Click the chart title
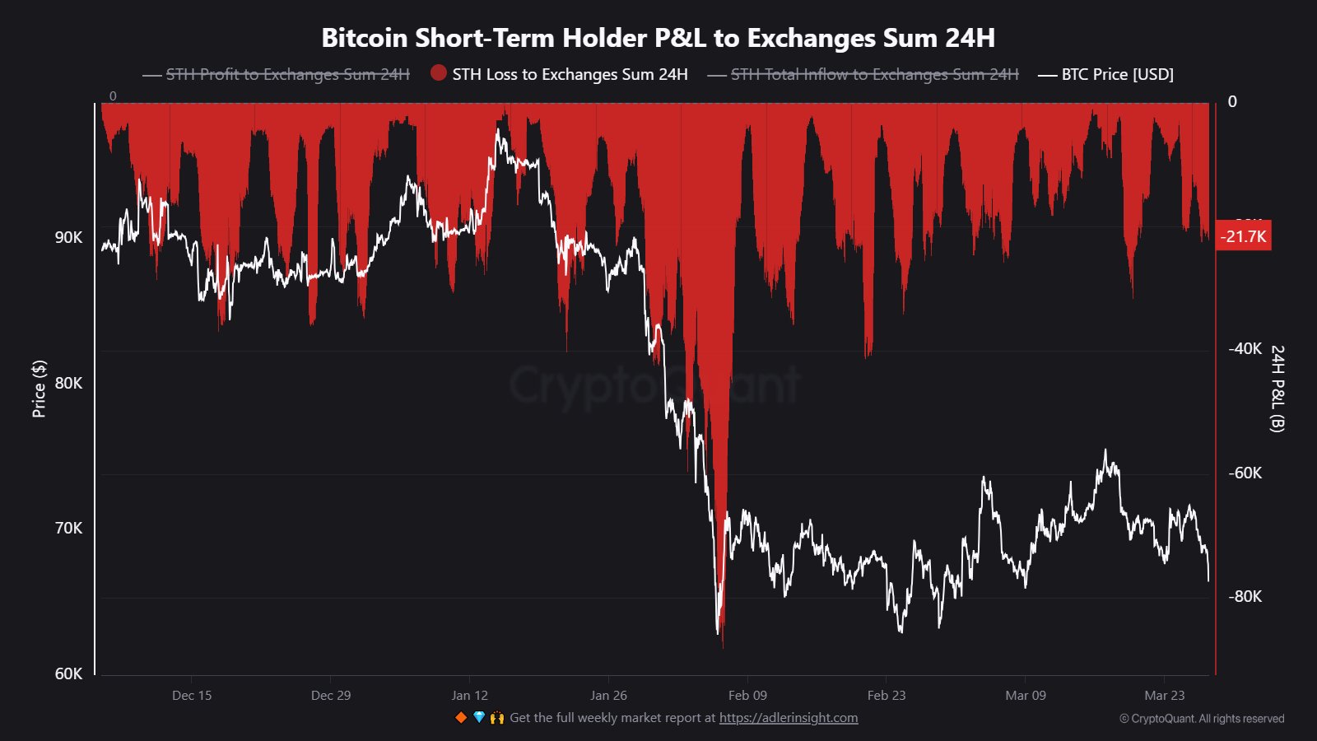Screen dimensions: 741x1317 click(x=658, y=38)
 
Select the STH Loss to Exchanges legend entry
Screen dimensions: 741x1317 click(x=560, y=74)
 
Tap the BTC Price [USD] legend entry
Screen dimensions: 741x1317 click(x=1107, y=74)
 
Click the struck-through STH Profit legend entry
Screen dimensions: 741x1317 click(x=277, y=74)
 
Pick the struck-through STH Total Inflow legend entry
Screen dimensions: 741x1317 click(x=863, y=74)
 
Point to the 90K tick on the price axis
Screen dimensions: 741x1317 click(x=69, y=238)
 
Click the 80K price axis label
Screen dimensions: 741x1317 click(x=69, y=383)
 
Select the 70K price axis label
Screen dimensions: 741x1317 click(x=69, y=528)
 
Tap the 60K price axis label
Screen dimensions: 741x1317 click(x=69, y=673)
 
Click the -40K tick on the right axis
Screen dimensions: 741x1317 click(x=1245, y=349)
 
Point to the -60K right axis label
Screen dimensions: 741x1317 click(x=1245, y=473)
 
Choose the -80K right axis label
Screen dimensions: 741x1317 click(x=1245, y=596)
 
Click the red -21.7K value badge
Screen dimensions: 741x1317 click(x=1243, y=236)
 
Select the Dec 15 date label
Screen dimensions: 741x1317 click(x=192, y=696)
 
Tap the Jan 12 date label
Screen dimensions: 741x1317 click(x=470, y=696)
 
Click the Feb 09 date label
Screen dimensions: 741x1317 click(x=747, y=696)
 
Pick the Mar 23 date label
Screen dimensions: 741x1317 click(x=1165, y=696)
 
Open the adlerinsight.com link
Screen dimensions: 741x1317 click(x=789, y=718)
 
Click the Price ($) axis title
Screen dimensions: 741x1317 click(x=39, y=389)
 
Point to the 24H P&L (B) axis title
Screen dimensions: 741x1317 click(x=1277, y=389)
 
